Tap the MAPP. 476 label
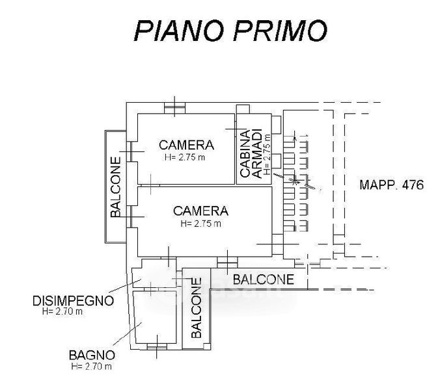(391, 185)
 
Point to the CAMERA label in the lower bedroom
(200, 211)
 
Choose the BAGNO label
(92, 355)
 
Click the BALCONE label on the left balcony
(115, 187)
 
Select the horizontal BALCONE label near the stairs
(264, 280)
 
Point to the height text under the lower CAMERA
(200, 224)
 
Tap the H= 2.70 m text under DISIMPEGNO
(62, 311)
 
